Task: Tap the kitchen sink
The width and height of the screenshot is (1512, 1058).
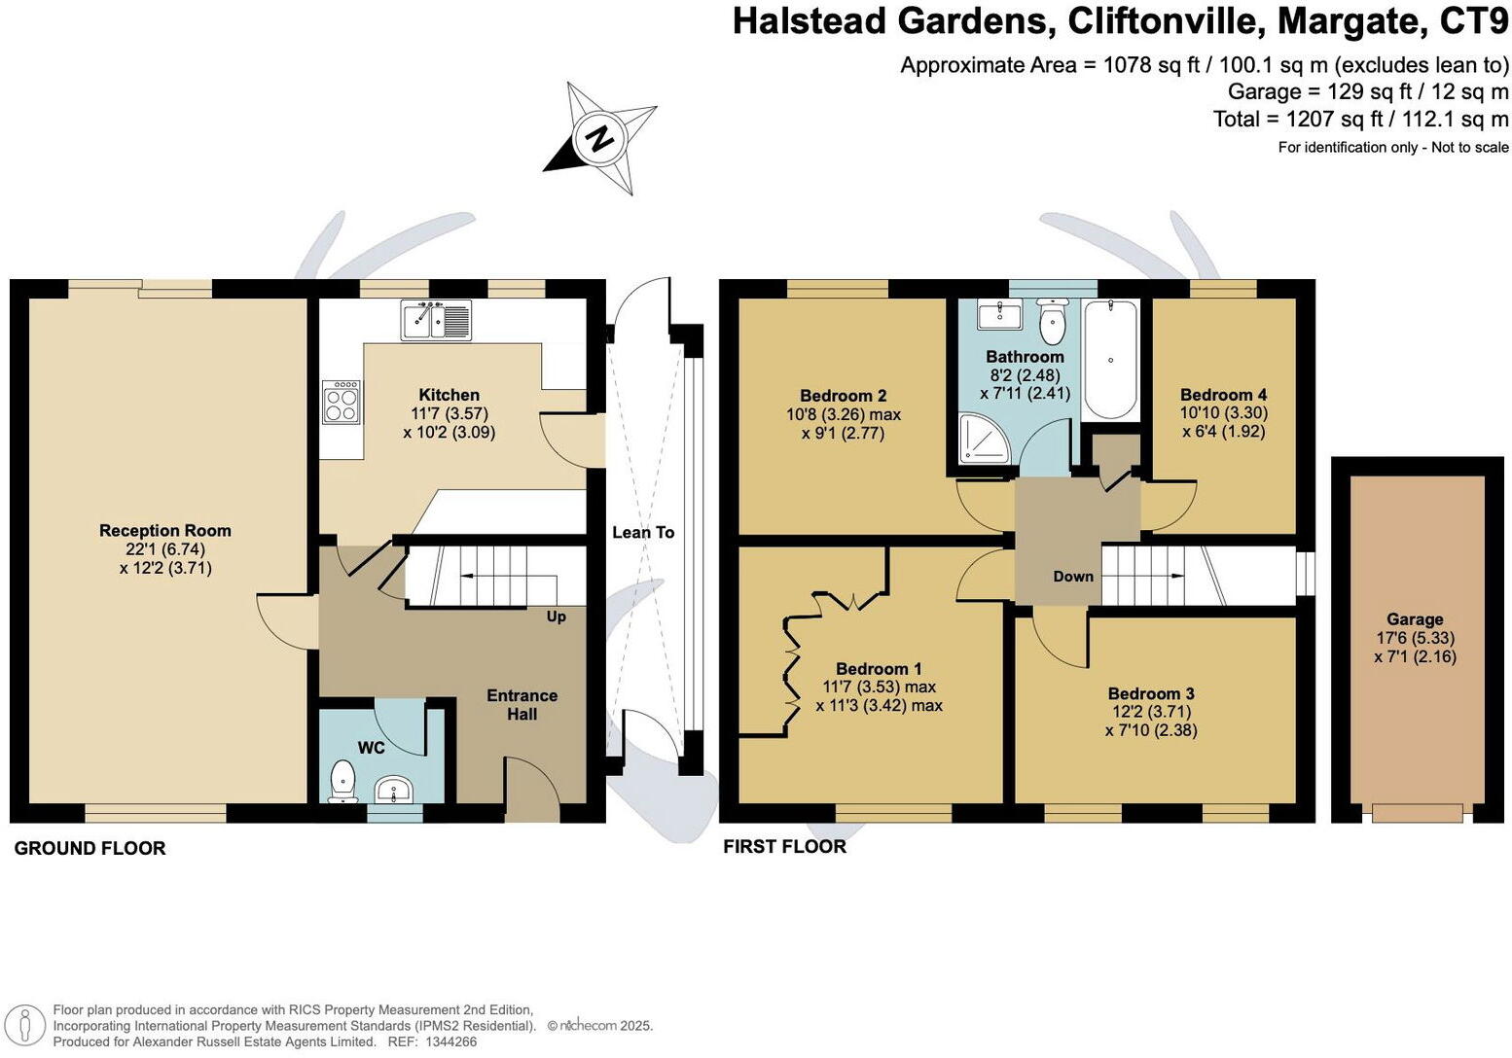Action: tap(436, 319)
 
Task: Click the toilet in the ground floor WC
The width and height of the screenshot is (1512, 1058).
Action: tap(342, 781)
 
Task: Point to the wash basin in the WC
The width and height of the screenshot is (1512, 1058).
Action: tap(395, 789)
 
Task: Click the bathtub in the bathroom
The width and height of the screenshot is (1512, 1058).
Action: tap(1110, 359)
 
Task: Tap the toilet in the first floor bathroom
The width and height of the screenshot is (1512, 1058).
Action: tap(1052, 323)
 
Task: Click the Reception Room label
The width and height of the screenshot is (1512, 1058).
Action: tap(165, 531)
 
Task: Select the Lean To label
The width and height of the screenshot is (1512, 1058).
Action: tap(643, 532)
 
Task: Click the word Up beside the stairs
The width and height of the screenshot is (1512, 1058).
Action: tap(556, 617)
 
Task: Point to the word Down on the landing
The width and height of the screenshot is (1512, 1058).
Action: tap(1073, 577)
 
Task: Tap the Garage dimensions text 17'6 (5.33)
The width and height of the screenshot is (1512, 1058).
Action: tap(1415, 638)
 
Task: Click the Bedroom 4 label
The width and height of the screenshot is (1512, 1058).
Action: tap(1223, 395)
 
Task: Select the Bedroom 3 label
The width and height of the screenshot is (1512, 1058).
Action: tap(1151, 693)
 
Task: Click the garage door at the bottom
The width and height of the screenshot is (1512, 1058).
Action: tap(1417, 812)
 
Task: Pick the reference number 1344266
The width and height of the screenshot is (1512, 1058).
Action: tap(446, 1041)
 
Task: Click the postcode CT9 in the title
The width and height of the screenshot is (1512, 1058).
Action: tap(1475, 21)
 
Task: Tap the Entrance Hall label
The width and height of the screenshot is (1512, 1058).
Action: tap(522, 705)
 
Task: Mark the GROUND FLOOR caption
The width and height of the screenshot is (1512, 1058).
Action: tap(90, 849)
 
